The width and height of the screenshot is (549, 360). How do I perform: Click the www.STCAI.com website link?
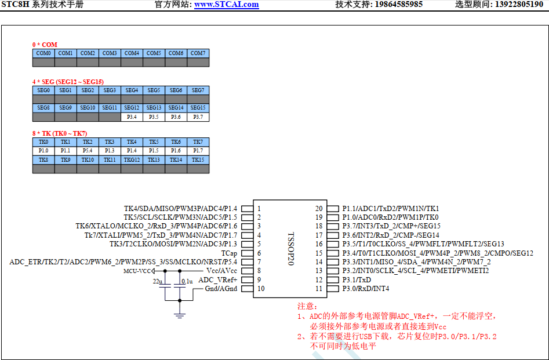pyautogui.click(x=226, y=5)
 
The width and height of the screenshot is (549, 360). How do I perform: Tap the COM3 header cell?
pyautogui.click(x=110, y=53)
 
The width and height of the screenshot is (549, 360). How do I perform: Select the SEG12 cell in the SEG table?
pyautogui.click(x=132, y=108)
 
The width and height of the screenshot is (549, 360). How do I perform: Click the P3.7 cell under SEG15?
pyautogui.click(x=198, y=117)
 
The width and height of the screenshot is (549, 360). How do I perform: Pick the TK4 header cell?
pyautogui.click(x=132, y=142)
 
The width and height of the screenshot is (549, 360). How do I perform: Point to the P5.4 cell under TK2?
pyautogui.click(x=88, y=151)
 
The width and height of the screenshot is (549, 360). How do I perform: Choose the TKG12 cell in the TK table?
pyautogui.click(x=132, y=160)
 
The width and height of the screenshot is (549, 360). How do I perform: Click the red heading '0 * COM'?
pyautogui.click(x=45, y=45)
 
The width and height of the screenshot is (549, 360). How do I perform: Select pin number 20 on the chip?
pyautogui.click(x=318, y=209)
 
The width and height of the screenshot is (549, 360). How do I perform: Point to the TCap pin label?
pyautogui.click(x=229, y=253)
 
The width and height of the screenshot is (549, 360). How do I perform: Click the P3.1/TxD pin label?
pyautogui.click(x=357, y=280)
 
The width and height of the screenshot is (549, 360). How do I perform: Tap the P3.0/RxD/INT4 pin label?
pyautogui.click(x=365, y=289)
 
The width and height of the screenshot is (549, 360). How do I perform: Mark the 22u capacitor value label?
pyautogui.click(x=157, y=281)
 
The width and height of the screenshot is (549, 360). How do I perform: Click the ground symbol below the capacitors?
pyautogui.click(x=180, y=315)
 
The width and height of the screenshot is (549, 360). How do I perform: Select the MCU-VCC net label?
pyautogui.click(x=137, y=271)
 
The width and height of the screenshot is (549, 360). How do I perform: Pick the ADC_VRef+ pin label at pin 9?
pyautogui.click(x=218, y=280)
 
